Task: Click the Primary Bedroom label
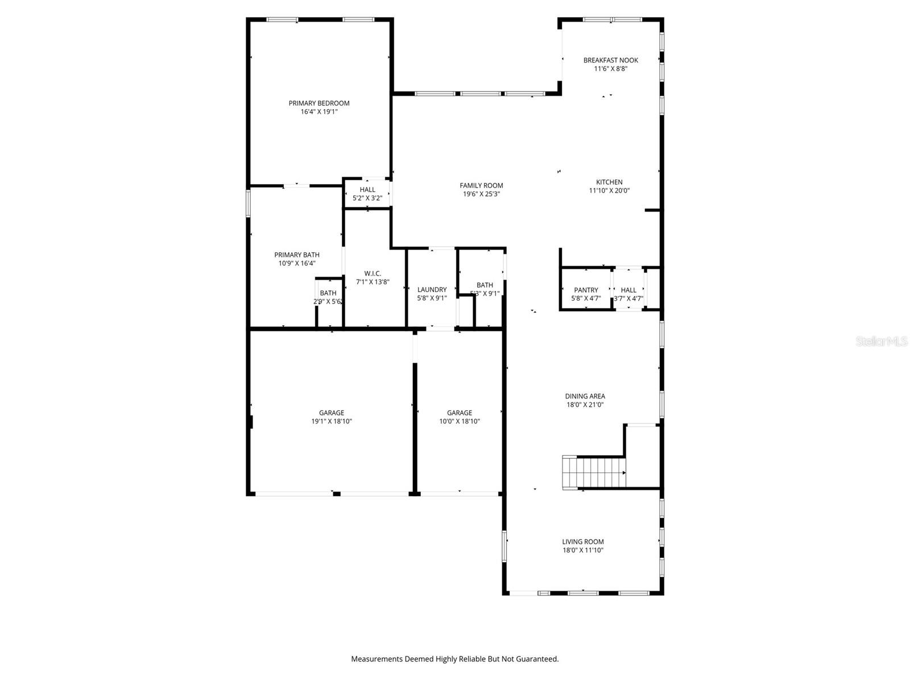319,103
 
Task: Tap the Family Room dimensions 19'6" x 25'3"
481,194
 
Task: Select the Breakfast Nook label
611,60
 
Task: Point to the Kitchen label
609,182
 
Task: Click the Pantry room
586,290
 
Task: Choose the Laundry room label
432,290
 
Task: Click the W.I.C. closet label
373,273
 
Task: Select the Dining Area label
585,396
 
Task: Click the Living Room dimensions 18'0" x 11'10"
583,550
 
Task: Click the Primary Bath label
297,255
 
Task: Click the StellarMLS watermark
882,342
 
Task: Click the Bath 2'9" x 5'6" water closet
328,297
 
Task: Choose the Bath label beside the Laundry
485,285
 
